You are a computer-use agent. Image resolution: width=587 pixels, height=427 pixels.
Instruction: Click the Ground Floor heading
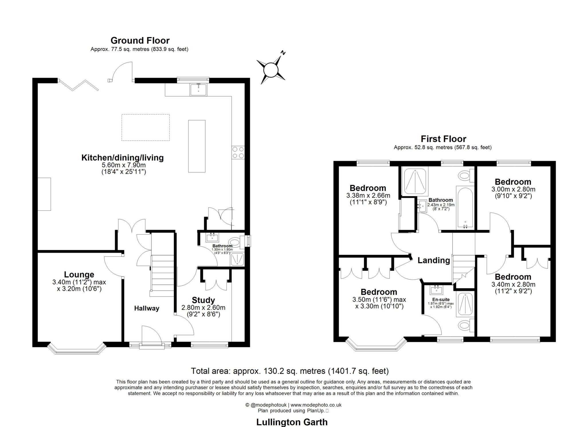click(140, 40)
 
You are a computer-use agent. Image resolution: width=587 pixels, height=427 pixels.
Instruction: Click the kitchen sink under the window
click(198, 89)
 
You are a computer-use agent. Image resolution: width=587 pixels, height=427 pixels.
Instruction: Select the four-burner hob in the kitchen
click(238, 153)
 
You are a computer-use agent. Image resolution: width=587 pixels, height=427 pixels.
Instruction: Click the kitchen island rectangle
click(197, 146)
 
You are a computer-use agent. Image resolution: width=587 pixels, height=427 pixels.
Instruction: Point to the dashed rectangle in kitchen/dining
click(145, 128)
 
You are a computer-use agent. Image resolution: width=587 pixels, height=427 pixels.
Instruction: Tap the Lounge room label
click(79, 274)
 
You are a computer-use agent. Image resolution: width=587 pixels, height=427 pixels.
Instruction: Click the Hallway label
click(146, 308)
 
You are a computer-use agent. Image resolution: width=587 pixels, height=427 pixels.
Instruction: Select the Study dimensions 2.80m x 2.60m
click(203, 308)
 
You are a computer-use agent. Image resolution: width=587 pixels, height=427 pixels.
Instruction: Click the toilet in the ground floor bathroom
click(235, 243)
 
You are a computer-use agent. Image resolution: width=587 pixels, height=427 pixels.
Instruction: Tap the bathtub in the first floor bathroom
click(465, 207)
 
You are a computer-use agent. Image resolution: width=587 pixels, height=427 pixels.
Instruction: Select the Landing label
click(433, 260)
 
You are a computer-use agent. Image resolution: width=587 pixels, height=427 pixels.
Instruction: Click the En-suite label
click(441, 300)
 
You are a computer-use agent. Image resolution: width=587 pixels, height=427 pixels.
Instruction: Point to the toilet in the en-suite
click(465, 325)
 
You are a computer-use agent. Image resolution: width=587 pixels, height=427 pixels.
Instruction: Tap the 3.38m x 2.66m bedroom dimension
click(368, 196)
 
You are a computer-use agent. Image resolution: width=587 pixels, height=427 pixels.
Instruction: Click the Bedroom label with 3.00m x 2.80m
click(513, 182)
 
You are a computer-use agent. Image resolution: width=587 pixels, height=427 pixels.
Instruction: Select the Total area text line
click(290, 371)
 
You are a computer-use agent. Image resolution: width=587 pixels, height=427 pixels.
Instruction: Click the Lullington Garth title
click(291, 422)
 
